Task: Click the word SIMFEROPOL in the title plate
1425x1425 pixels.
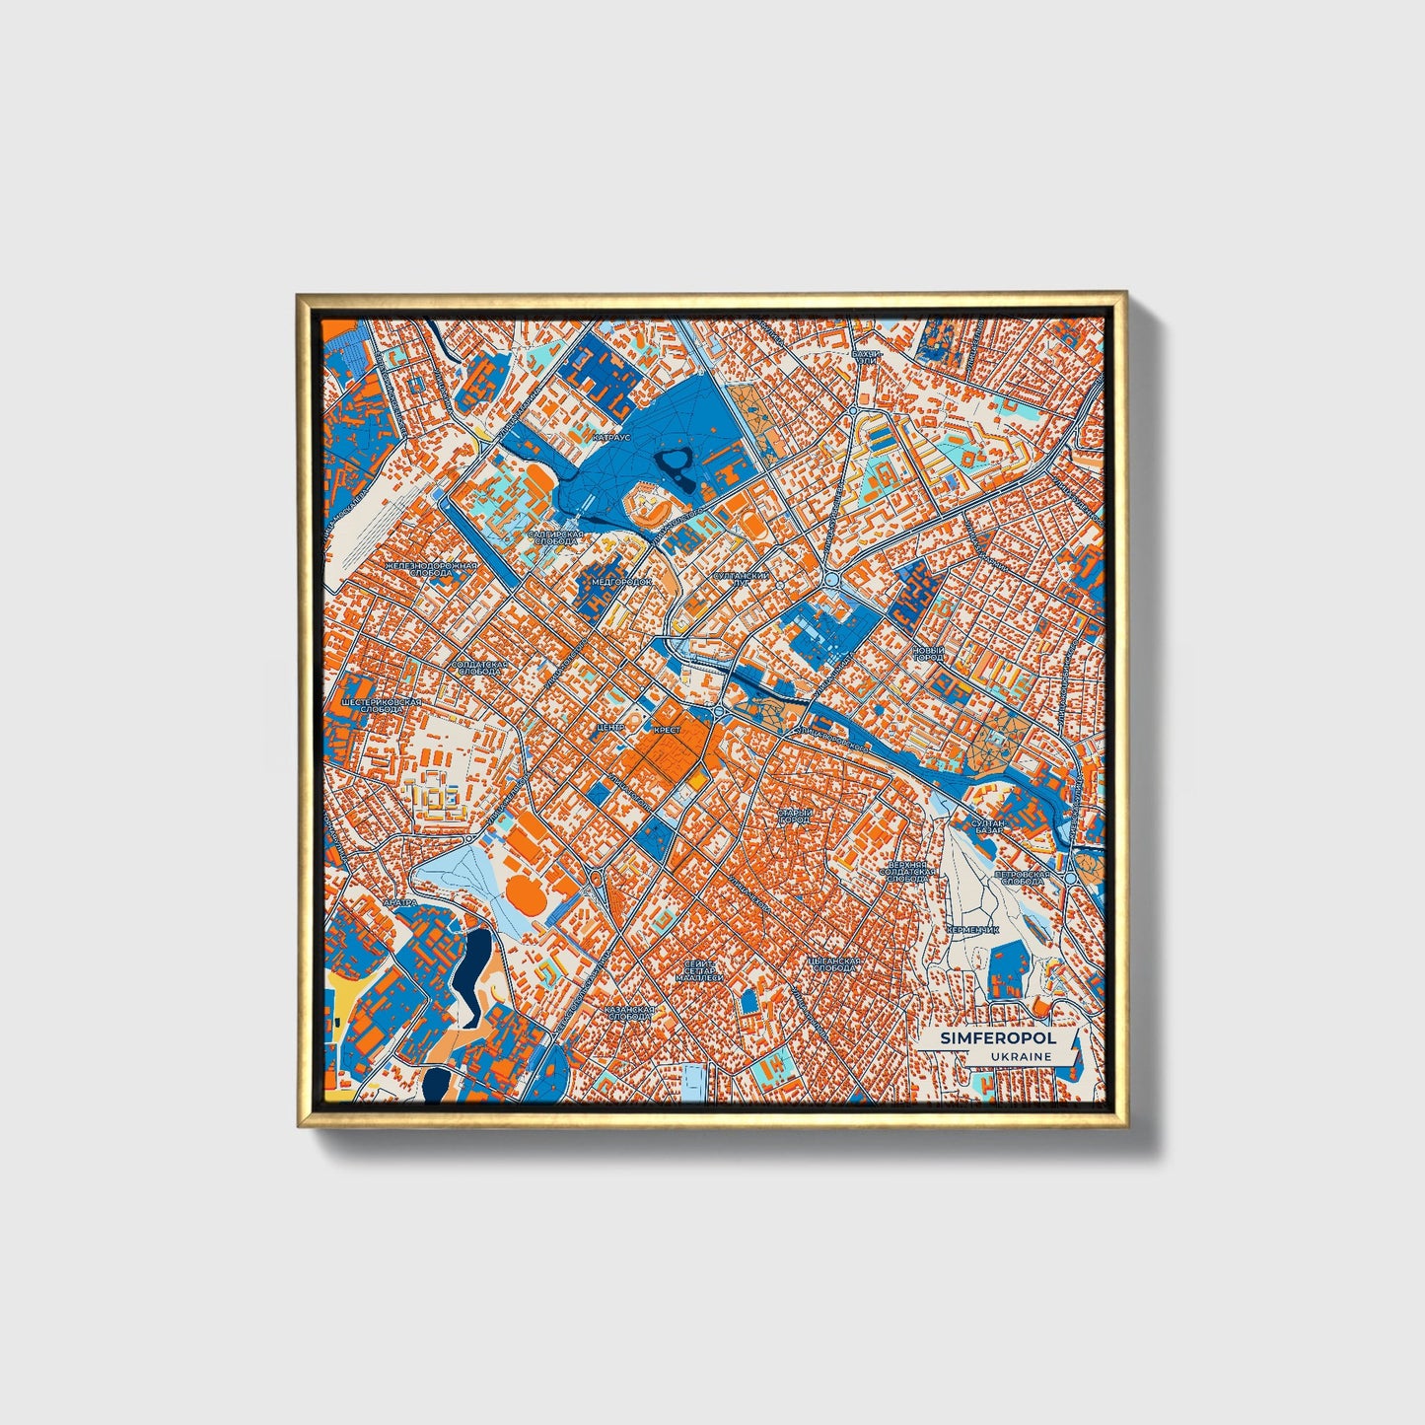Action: [983, 1038]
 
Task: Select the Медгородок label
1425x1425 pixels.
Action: [620, 582]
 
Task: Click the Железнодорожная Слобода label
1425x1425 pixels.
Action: [431, 569]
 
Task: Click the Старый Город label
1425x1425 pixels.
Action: [794, 816]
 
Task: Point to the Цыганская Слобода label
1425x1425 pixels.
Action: [833, 963]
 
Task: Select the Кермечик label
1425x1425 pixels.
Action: [973, 929]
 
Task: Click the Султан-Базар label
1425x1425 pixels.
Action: [987, 825]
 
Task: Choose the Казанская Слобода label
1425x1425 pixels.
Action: [629, 1013]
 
